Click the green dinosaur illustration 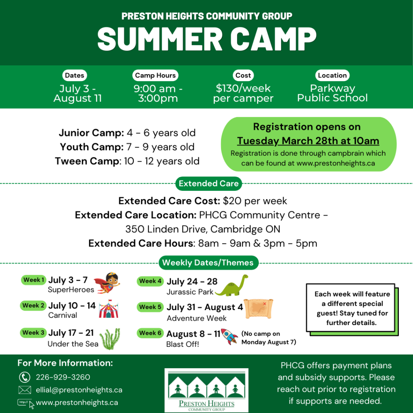coord(232,286)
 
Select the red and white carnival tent coord(109,309)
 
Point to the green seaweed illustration coord(110,339)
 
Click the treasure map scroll coord(259,309)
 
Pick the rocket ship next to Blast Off coord(229,336)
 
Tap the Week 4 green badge coord(150,281)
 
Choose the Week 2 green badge coord(33,306)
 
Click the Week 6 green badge coord(150,333)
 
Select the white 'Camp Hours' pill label coord(155,75)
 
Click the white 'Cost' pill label coord(243,75)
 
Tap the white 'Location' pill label coord(332,75)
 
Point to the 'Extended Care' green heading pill coord(209,184)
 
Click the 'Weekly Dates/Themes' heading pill coord(209,263)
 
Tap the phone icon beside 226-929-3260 coord(25,377)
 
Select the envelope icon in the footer coord(25,390)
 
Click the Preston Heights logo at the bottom coord(206,390)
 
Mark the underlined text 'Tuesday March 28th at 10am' coord(308,141)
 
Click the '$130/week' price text coord(243,88)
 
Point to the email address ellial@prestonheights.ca coord(79,390)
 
